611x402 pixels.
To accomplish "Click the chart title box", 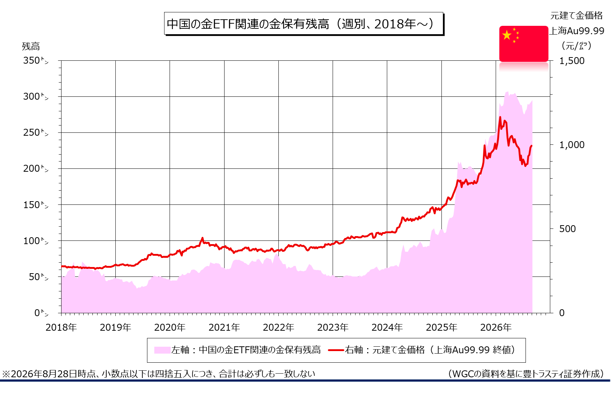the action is pyautogui.click(x=304, y=24).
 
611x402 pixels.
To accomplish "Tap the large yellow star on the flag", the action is pyautogui.click(x=507, y=35).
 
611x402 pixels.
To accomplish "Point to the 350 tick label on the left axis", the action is pyautogui.click(x=36, y=60).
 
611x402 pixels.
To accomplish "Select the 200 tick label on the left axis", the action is pyautogui.click(x=36, y=168).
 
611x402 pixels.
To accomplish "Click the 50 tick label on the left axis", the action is pyautogui.click(x=39, y=277).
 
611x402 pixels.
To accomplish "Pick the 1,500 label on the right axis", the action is pyautogui.click(x=572, y=60).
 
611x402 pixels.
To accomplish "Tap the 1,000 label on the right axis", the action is pyautogui.click(x=572, y=144).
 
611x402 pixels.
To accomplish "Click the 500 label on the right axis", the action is pyautogui.click(x=567, y=228).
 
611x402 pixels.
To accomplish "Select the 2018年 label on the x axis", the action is pyautogui.click(x=61, y=327).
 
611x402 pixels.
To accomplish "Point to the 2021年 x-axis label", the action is pyautogui.click(x=224, y=327).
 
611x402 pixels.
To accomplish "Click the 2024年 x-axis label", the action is pyautogui.click(x=387, y=327).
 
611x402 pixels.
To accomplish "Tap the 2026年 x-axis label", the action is pyautogui.click(x=496, y=327).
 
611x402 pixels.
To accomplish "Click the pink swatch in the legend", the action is pyautogui.click(x=162, y=350).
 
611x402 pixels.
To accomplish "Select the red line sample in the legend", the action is pyautogui.click(x=336, y=350).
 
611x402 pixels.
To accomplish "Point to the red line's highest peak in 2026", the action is pyautogui.click(x=500, y=117).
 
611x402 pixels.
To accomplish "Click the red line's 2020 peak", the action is pyautogui.click(x=202, y=238).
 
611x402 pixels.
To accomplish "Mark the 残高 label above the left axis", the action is pyautogui.click(x=31, y=46).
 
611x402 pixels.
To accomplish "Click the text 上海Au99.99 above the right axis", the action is pyautogui.click(x=577, y=31).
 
